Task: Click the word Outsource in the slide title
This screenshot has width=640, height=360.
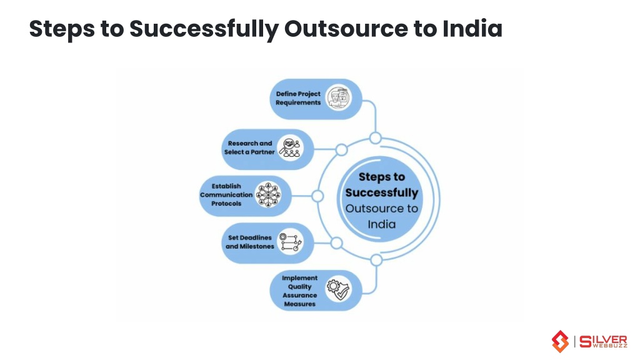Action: (346, 29)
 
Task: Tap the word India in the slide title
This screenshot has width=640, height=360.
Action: (472, 29)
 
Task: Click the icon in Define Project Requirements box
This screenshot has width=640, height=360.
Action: (339, 97)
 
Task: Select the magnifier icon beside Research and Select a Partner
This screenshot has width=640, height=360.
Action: (291, 147)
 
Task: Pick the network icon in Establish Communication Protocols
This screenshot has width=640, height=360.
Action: (268, 195)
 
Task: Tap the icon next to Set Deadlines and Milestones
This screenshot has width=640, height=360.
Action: (290, 242)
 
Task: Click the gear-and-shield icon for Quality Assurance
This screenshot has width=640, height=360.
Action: (338, 289)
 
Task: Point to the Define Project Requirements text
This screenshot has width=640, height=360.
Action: (298, 98)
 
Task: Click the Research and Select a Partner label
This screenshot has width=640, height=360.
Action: (249, 147)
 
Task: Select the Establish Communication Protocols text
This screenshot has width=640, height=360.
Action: (226, 195)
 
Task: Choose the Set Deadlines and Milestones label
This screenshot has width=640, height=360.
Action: (250, 242)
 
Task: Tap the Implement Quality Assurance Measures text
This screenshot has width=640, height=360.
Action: (299, 291)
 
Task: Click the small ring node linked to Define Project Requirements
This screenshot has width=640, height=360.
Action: (376, 138)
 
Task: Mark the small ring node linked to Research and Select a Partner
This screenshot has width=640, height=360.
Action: (342, 150)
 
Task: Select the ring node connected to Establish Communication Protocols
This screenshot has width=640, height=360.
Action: (317, 196)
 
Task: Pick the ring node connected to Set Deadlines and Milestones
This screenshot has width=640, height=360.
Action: (336, 243)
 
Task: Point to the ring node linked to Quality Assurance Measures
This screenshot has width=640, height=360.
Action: (376, 259)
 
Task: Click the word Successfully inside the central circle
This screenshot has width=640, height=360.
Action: (382, 192)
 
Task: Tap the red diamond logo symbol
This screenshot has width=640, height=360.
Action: (561, 341)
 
